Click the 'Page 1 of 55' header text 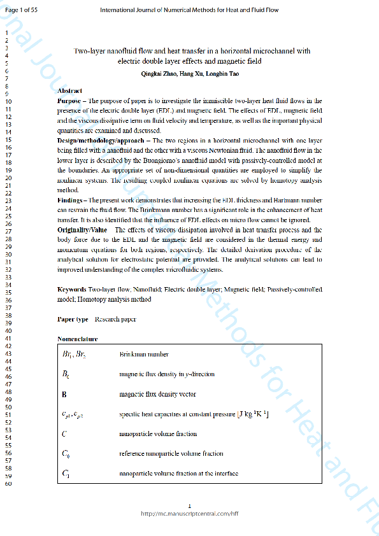click(x=21, y=10)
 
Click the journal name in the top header click(x=189, y=10)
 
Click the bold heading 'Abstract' click(x=69, y=91)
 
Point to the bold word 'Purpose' click(x=69, y=101)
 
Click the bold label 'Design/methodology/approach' click(x=96, y=139)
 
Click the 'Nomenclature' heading click(x=78, y=339)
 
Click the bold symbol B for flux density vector click(x=64, y=395)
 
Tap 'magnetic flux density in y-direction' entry click(x=167, y=374)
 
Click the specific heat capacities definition click(x=194, y=414)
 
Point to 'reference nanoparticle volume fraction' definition click(x=171, y=454)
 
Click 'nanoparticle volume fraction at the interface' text click(x=179, y=474)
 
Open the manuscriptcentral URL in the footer click(x=189, y=513)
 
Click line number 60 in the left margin click(x=9, y=484)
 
